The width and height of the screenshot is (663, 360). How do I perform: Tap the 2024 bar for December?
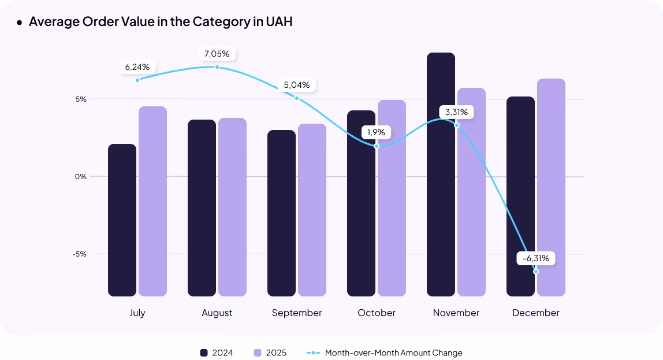point(520,196)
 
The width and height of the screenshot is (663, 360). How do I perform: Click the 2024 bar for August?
point(202,208)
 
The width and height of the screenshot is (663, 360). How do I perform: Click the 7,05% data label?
point(217,54)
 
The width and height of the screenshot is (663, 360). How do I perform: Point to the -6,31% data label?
point(535,258)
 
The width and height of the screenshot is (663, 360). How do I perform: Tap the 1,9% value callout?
point(377,132)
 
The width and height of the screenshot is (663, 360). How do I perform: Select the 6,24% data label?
point(137,67)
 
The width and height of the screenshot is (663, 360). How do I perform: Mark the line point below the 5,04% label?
point(297,98)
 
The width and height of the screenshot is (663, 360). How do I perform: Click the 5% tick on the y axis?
point(80,99)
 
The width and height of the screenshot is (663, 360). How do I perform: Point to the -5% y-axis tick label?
point(79,254)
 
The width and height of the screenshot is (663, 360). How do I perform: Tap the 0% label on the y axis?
point(80,176)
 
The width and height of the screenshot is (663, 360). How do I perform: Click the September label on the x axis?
point(297,313)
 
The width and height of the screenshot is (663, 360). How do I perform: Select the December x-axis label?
point(535,313)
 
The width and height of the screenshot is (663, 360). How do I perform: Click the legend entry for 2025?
point(270,352)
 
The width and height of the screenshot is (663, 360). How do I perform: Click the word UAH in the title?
point(279,22)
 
